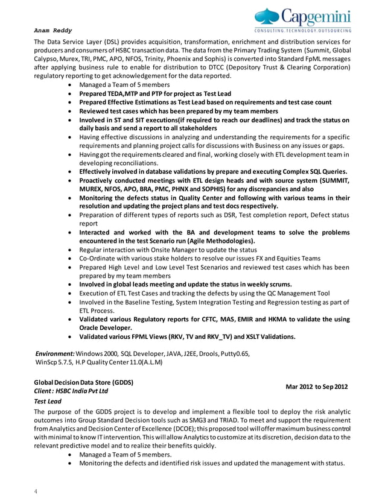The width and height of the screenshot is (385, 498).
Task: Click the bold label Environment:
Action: (56, 353)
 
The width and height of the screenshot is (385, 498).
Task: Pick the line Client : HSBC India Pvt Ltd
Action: (75, 391)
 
